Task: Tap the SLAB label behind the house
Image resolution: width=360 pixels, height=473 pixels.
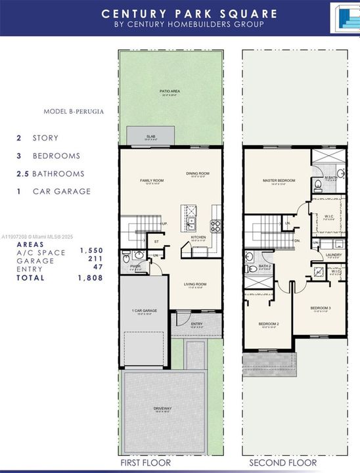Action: pos(150,137)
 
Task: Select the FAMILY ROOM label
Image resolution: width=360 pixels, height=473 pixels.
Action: pos(151,180)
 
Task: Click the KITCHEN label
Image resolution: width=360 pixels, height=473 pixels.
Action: pos(198,237)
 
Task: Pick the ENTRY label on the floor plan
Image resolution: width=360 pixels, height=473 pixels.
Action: pos(196,324)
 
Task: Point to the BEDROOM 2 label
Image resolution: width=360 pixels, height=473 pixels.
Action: pos(269,324)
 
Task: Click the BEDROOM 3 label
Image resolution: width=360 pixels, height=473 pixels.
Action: pos(321,307)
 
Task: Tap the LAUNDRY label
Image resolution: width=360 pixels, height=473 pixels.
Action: pos(333,255)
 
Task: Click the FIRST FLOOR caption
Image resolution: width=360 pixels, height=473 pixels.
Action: pos(145,463)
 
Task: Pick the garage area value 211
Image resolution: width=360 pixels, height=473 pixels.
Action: pos(96,259)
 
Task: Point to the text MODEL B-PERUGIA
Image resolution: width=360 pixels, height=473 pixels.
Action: pos(74,112)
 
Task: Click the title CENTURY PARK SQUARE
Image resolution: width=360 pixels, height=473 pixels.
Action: pos(180,13)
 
